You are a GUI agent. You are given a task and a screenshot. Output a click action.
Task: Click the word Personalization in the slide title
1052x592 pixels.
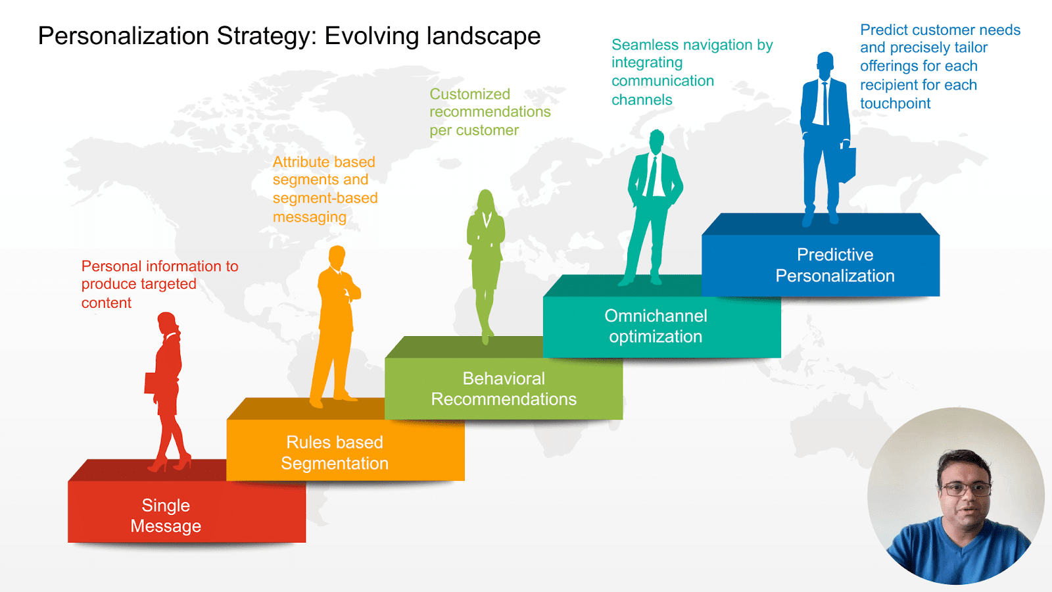tap(124, 36)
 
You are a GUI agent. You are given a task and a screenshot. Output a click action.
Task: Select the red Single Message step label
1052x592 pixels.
tap(166, 516)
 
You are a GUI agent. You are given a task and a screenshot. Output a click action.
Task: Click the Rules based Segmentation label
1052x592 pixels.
tap(335, 453)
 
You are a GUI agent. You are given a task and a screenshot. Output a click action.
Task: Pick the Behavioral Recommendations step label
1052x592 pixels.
tap(504, 389)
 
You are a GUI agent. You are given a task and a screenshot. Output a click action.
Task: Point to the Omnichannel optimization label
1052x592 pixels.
tap(656, 326)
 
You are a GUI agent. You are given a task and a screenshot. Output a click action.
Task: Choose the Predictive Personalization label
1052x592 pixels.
tap(834, 265)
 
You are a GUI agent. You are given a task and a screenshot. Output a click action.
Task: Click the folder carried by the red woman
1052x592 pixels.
tap(151, 383)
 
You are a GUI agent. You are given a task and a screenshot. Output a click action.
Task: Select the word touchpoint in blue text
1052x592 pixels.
tap(895, 103)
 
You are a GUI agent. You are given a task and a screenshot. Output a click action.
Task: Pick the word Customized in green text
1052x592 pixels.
tap(469, 94)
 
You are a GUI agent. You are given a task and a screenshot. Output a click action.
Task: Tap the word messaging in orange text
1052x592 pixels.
tap(310, 217)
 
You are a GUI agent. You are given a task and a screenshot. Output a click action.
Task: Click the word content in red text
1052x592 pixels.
tap(106, 303)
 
